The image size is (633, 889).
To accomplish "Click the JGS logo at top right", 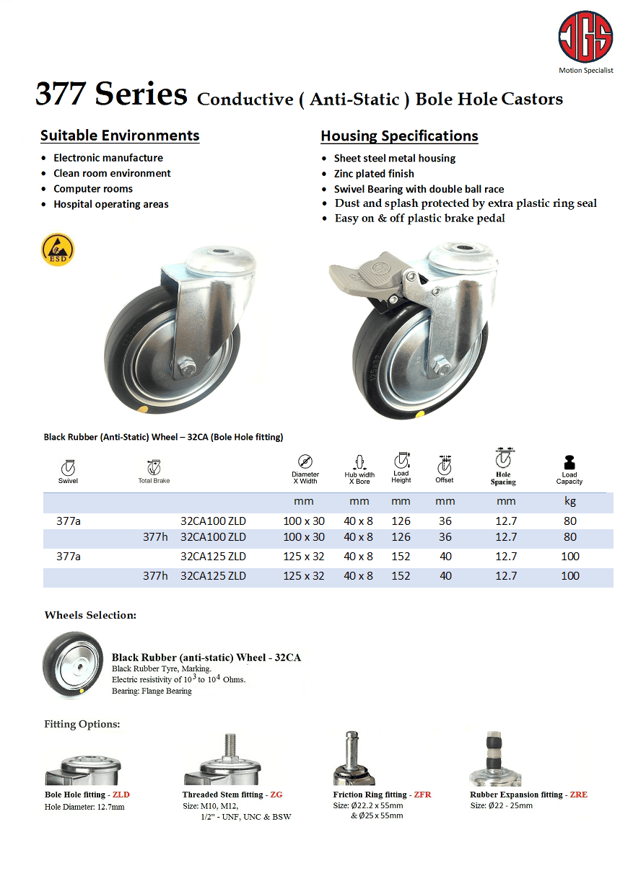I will pos(585,37).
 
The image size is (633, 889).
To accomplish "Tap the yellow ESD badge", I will pos(58,249).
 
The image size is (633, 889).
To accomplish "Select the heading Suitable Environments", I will pos(120,136).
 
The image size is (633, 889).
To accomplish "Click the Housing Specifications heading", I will pos(399,136).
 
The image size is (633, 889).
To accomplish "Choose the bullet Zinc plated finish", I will pos(374,174).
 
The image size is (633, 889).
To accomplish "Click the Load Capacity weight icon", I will pos(569,462).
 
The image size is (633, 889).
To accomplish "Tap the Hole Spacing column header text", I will pos(503,479).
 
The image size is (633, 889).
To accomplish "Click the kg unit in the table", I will pos(569,502).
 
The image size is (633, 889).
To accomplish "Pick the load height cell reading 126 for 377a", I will pos(401,521).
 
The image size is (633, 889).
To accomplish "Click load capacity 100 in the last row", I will pos(569,575).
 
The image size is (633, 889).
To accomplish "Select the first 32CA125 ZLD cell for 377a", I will pos(213,557).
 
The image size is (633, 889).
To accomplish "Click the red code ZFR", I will pos(422,795).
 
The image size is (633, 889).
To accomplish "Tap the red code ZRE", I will pos(578,795).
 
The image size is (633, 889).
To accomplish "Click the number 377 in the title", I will pos(61,95).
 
